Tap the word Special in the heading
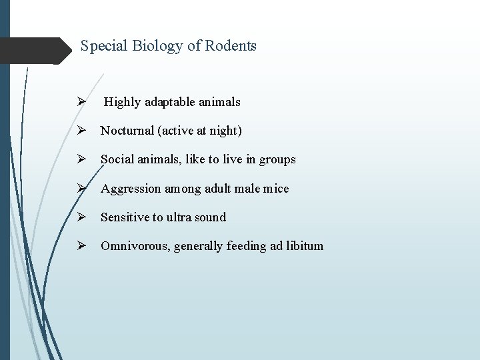click(103, 46)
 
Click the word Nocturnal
click(127, 131)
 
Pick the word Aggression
click(130, 189)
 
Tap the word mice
click(276, 189)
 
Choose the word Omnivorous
click(135, 246)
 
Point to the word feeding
click(246, 246)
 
